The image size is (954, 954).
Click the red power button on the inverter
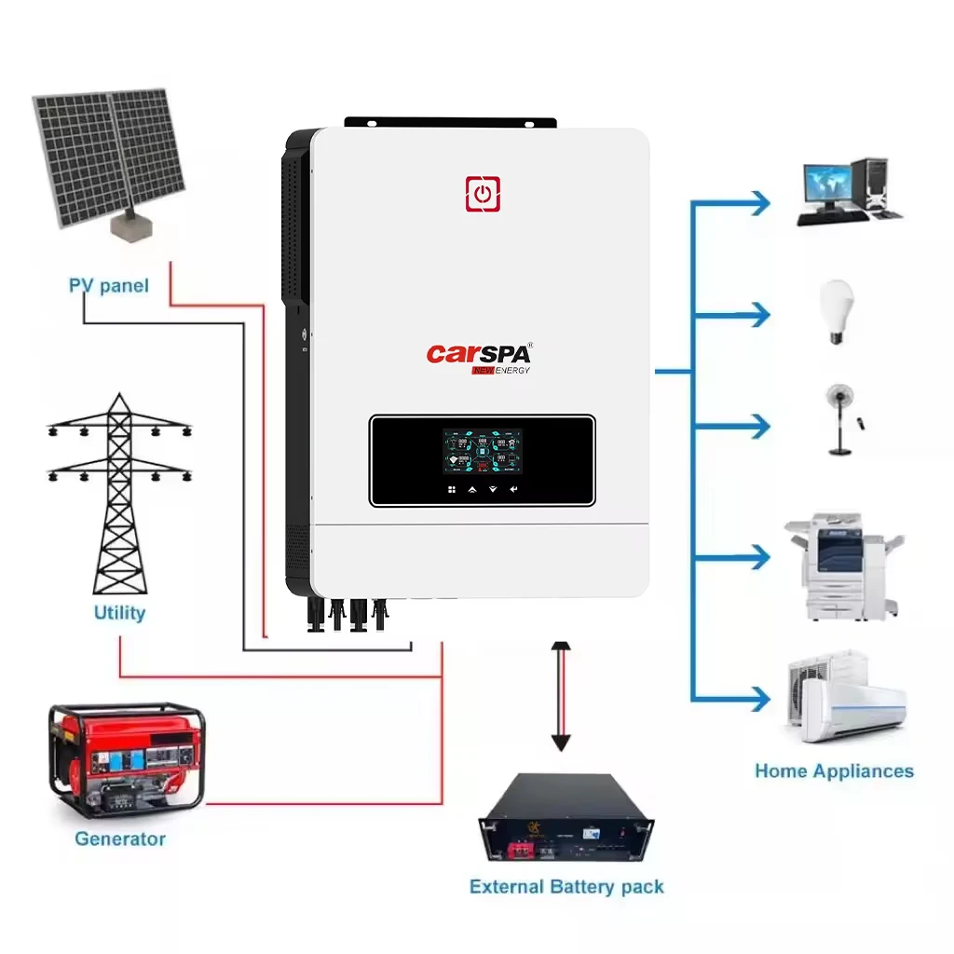(483, 194)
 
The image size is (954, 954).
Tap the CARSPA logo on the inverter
(479, 356)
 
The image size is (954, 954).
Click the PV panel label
(109, 285)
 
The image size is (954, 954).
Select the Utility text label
(119, 612)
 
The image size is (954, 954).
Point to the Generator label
(120, 838)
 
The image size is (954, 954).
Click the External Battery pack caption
(566, 886)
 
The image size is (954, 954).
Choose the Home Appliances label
(834, 770)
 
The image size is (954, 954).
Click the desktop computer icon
(848, 191)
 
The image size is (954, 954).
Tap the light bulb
(836, 311)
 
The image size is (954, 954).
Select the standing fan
(840, 418)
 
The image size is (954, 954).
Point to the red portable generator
(126, 760)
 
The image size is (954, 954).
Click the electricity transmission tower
(118, 494)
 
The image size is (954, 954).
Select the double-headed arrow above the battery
(560, 695)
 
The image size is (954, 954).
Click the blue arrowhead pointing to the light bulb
(759, 315)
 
